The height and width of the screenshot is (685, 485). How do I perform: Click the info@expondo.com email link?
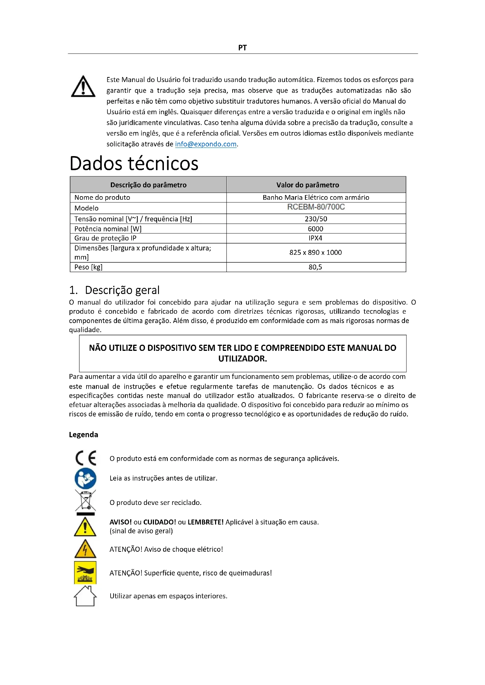tap(206, 144)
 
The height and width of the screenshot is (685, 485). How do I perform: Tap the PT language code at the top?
tap(242, 48)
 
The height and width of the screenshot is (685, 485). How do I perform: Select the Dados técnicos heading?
tap(134, 163)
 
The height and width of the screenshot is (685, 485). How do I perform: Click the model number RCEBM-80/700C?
tap(316, 207)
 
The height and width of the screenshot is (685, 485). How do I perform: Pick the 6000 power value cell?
tap(316, 229)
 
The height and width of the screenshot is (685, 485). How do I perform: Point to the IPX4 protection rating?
tap(316, 238)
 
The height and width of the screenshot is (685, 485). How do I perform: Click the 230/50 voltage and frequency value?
tap(316, 219)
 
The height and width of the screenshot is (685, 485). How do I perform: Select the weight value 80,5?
tap(316, 267)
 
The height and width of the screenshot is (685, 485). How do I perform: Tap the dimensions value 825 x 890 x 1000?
tap(316, 252)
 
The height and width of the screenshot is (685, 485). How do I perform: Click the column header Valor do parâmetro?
tap(308, 185)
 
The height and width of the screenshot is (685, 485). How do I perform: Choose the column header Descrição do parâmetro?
tap(148, 185)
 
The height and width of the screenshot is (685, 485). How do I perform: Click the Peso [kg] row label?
tap(88, 267)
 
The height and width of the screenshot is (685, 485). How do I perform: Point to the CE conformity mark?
tap(86, 458)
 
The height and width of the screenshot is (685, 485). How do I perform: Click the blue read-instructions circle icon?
tap(85, 479)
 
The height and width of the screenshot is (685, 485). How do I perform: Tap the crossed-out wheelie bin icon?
tap(85, 503)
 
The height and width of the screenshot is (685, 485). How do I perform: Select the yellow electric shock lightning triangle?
tap(85, 549)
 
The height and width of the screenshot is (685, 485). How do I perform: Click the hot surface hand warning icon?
tap(85, 573)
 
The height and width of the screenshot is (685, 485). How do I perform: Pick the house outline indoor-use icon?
tap(85, 596)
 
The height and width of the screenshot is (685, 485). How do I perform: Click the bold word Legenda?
tap(83, 435)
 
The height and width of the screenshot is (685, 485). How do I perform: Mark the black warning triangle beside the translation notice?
tap(83, 87)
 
